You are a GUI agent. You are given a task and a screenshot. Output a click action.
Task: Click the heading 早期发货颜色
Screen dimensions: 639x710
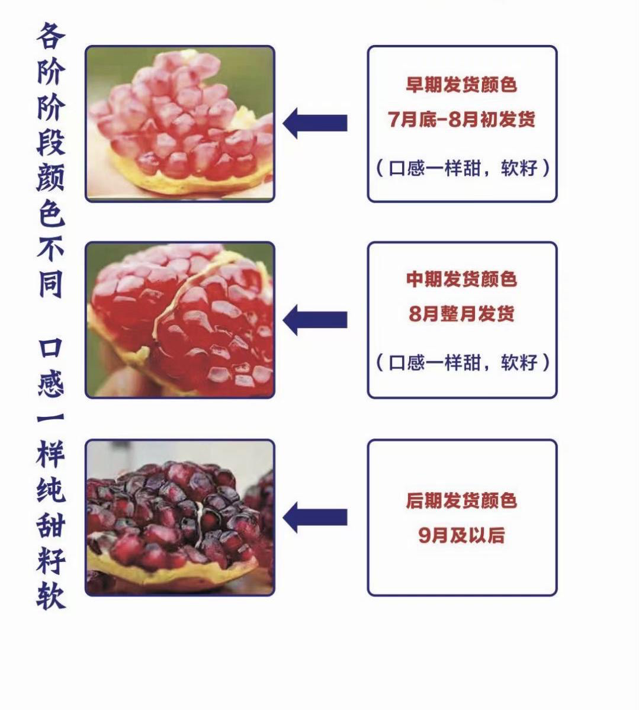pos(461,85)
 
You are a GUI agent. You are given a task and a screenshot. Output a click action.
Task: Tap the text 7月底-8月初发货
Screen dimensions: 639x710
pos(461,119)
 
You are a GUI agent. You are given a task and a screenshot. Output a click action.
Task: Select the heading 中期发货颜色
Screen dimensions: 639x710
pos(461,279)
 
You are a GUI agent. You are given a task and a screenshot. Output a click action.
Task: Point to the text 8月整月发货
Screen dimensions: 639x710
pos(461,313)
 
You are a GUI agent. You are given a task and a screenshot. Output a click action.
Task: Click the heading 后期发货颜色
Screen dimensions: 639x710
pos(461,501)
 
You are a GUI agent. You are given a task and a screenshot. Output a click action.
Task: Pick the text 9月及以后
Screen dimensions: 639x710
pos(461,535)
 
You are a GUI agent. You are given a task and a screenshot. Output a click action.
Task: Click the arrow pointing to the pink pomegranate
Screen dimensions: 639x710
pos(315,123)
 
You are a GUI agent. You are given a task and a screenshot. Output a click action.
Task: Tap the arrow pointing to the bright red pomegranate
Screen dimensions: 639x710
pos(315,320)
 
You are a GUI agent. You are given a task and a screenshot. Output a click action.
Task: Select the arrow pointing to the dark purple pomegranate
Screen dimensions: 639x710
pos(315,517)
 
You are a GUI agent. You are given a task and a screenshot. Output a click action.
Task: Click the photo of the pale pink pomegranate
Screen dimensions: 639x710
pos(180,124)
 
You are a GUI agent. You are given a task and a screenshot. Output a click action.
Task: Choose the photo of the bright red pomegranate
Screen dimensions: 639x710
pos(180,320)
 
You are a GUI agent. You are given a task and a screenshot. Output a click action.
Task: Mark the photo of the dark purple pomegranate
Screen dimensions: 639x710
pos(180,517)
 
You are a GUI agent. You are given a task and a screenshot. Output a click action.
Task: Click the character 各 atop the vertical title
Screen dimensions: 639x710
pos(50,37)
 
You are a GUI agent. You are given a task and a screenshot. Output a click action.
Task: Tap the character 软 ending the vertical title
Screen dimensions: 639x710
pos(50,595)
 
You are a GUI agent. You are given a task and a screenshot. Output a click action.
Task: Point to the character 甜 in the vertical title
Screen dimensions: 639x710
pos(50,525)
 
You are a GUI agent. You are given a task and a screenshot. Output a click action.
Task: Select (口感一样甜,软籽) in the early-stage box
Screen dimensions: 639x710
pos(463,168)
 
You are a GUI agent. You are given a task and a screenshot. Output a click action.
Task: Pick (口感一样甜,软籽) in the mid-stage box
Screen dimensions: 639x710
pos(463,362)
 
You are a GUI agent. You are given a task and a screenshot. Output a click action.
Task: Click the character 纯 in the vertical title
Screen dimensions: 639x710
pos(50,490)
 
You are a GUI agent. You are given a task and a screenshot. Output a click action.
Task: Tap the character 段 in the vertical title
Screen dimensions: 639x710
pos(50,142)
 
